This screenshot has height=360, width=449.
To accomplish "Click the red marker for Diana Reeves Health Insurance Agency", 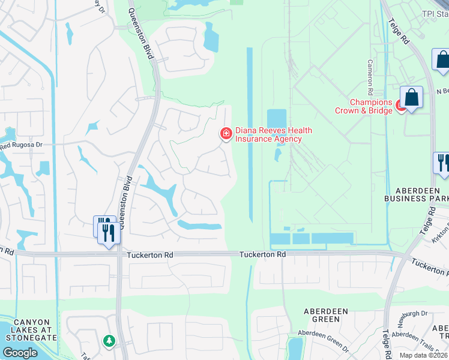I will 226,134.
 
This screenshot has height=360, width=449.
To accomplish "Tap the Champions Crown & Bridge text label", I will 364,106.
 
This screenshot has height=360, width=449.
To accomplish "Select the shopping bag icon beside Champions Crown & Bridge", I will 412,98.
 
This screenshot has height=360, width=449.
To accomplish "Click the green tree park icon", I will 109,341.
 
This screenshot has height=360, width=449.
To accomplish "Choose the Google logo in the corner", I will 20,352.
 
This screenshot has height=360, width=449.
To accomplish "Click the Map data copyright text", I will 423,355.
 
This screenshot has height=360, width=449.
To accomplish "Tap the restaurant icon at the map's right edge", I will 442,164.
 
